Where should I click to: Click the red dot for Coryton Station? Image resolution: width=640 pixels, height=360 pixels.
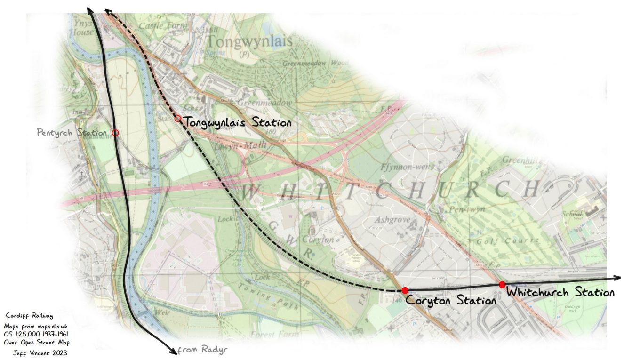pos(405,290)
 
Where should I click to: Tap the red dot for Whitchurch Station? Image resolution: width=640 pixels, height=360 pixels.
pos(502,284)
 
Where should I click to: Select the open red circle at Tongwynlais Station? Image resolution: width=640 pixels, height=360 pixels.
pos(177,119)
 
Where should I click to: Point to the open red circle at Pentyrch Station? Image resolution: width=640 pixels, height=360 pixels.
pos(115,133)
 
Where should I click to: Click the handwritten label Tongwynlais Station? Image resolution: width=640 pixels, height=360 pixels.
pos(237,123)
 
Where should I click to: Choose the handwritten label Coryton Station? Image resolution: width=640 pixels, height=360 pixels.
pos(450,300)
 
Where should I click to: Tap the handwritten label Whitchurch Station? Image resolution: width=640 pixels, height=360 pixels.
pos(560,292)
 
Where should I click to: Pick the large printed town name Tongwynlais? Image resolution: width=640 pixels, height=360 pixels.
pos(249,41)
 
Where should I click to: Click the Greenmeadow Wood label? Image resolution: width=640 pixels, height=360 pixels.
pos(315,63)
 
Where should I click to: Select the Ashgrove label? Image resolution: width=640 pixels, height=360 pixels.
pos(393,220)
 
